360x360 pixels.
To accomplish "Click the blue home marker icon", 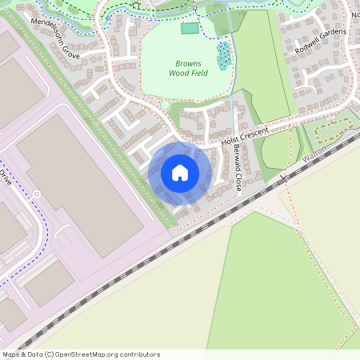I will coord(180,173).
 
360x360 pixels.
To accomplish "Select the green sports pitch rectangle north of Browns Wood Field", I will coord(190,29).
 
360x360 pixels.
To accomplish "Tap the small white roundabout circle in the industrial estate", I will coord(36,194).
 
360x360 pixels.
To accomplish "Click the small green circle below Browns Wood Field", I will coord(166,105).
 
